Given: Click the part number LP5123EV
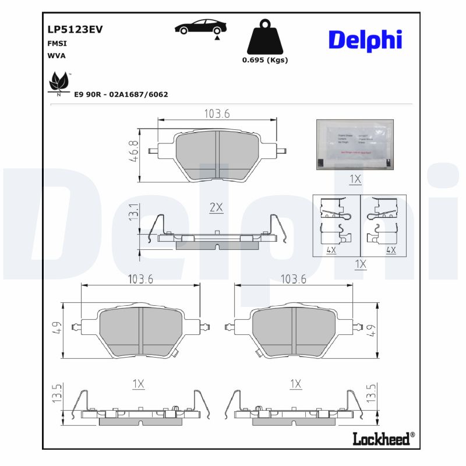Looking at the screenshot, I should coord(75,30).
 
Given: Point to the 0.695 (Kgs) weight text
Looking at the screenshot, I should coord(264,60).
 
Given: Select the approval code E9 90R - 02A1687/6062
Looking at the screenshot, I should coord(121,94).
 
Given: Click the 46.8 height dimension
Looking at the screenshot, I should coord(135,151).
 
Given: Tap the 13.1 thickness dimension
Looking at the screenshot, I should coord(133,212).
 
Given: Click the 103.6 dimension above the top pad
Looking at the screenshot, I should coord(217,114).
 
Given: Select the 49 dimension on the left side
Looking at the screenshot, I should coord(56,330).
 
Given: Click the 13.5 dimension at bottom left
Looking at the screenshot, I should coord(57,393).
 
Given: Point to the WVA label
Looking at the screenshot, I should coord(56,56).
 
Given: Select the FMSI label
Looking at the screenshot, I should coord(57,44).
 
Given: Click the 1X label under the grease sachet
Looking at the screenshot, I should coord(355,179).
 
